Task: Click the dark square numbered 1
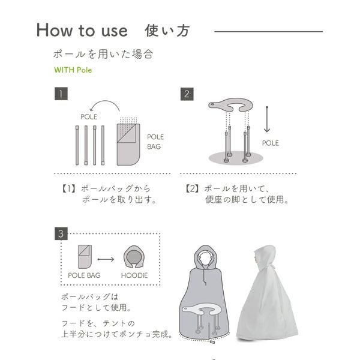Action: [61, 94]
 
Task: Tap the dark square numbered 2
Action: [187, 94]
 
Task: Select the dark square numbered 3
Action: [61, 234]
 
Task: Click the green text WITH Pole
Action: [73, 70]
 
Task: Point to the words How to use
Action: [82, 31]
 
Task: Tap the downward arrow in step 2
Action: [267, 119]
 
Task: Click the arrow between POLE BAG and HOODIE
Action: [106, 259]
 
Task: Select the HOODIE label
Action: [134, 275]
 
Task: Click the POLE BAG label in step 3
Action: [84, 275]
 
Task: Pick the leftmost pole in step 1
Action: [77, 145]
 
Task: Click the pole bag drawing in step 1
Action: [128, 145]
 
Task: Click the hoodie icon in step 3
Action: [134, 257]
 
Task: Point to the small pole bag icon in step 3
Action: [85, 257]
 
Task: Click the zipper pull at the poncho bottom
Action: [212, 342]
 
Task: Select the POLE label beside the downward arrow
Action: [271, 143]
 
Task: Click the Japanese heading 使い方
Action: [167, 31]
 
